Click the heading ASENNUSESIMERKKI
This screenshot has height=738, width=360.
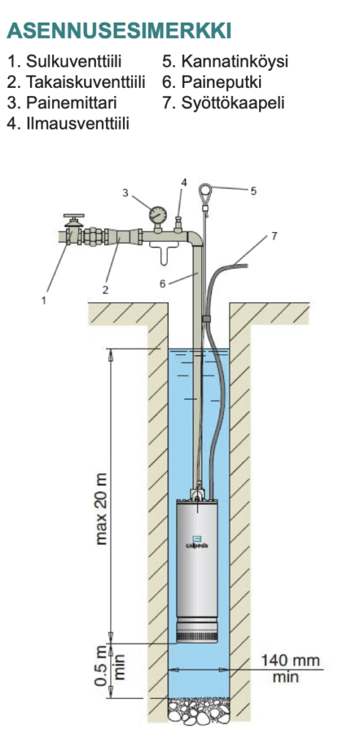coord(119,31)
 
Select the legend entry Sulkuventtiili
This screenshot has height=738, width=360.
coord(64,61)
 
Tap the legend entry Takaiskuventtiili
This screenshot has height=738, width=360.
coord(76,82)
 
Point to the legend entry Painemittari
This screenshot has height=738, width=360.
coord(61,103)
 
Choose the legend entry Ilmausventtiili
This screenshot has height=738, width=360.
coord(68,124)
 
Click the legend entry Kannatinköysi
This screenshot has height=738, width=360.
coord(225,61)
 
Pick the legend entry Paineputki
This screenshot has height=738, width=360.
coord(211,82)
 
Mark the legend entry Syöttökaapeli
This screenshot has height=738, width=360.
coord(223,103)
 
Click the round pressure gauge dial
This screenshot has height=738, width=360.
coord(157,215)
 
